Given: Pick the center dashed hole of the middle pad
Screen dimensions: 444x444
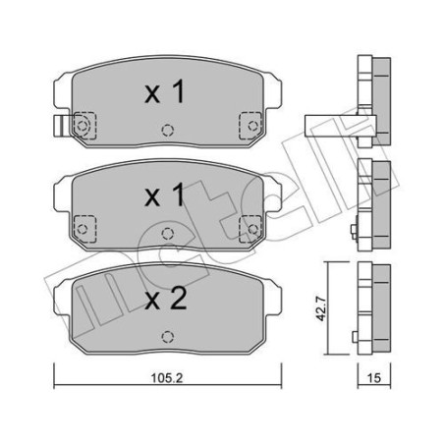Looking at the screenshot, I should pos(168,232).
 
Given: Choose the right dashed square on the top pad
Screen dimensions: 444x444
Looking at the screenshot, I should pos(251,126).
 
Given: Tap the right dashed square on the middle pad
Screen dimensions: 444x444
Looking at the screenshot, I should pos(251,226).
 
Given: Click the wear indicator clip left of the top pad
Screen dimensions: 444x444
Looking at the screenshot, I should pos(57,126).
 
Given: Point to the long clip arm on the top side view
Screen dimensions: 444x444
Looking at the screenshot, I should pos(329,122).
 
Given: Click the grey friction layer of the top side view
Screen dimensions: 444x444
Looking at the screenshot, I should pos(379,98).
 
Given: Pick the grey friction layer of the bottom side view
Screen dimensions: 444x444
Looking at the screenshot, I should pos(379,305).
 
